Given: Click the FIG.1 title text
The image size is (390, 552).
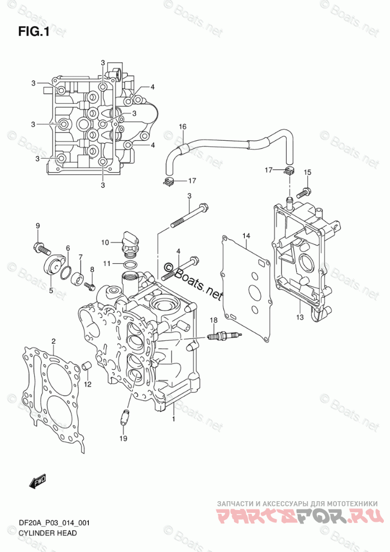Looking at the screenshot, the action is click(x=34, y=32).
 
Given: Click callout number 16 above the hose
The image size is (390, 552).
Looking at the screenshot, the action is click(x=182, y=127).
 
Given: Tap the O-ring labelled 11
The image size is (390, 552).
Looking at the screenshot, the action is click(x=129, y=264).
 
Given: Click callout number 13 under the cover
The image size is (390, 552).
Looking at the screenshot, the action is click(x=299, y=317).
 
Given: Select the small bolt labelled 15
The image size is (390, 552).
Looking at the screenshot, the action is click(x=302, y=193).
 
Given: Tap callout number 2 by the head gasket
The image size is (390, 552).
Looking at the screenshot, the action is click(x=54, y=341).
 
